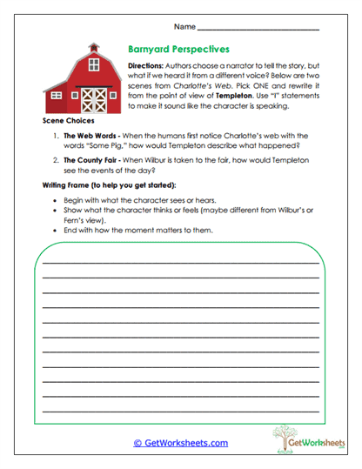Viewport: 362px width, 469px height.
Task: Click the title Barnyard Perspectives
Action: (x=178, y=50)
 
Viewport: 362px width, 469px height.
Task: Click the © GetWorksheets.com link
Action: (x=180, y=443)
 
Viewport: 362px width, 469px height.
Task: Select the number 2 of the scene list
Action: (x=55, y=161)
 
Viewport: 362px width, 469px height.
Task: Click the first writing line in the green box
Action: (x=180, y=261)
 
